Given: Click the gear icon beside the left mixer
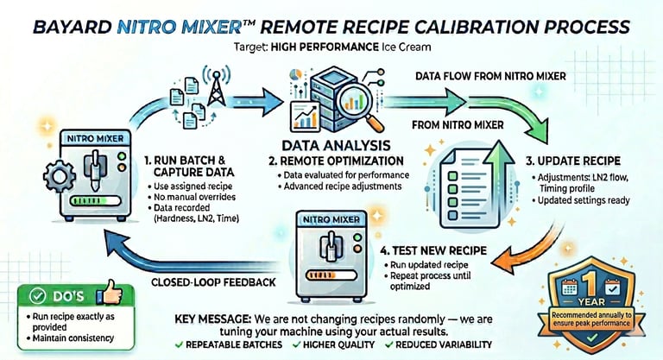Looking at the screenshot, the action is [60, 176].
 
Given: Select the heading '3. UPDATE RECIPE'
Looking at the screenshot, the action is [573, 161].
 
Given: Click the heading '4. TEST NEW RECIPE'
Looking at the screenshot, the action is [433, 250].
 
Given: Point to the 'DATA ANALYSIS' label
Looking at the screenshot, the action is [336, 146].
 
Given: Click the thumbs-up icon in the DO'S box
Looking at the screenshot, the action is [110, 292].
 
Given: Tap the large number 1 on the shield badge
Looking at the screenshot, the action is [591, 281].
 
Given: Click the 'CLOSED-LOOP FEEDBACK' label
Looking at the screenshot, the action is [213, 282].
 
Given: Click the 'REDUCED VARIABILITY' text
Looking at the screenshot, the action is [444, 344].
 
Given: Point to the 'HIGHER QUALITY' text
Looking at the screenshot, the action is [338, 344].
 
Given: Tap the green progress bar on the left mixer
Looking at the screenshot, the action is [91, 200].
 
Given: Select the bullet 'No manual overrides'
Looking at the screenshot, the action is [194, 197].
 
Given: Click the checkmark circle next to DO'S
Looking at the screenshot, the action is [38, 296].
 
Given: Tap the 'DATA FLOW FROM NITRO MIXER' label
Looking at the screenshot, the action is [490, 76].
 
